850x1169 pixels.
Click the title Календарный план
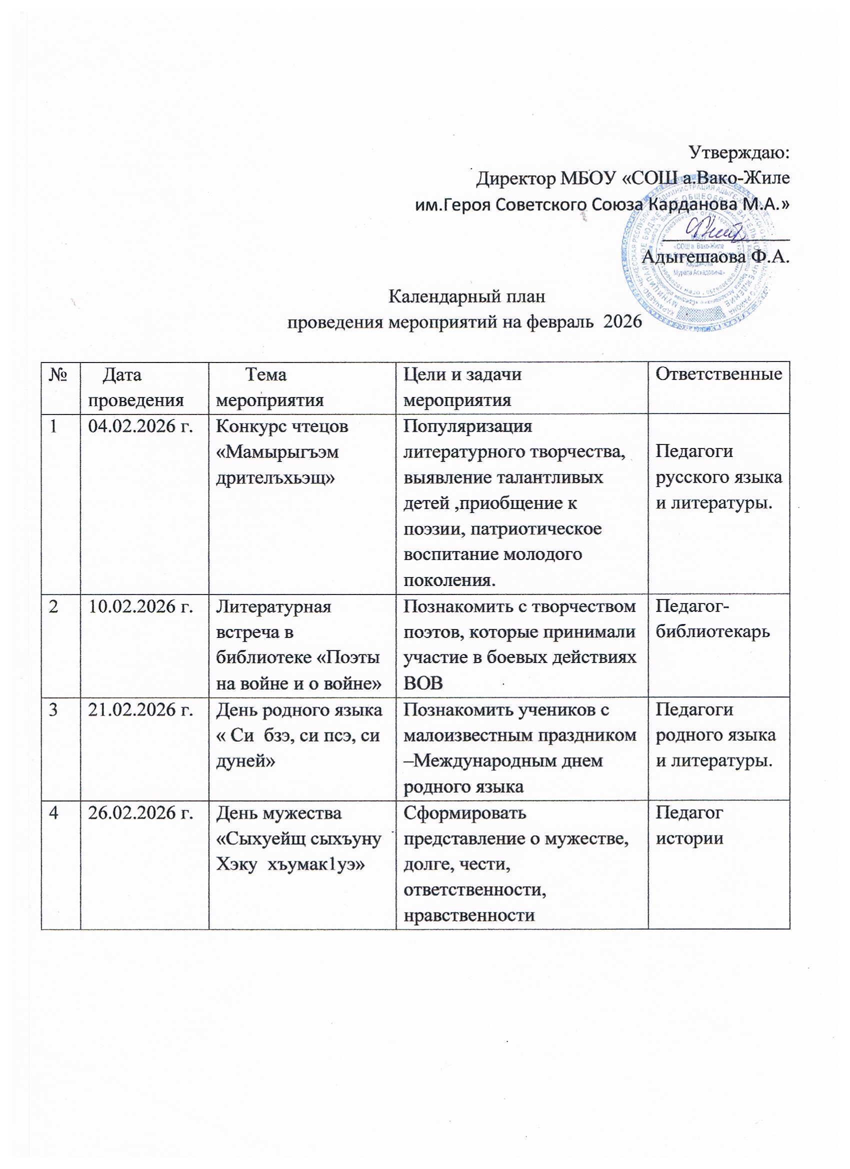tap(466, 297)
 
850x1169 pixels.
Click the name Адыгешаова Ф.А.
tap(716, 256)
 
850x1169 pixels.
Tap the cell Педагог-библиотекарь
tap(712, 619)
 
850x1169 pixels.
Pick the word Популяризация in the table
tap(467, 427)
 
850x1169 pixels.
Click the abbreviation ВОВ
tap(422, 684)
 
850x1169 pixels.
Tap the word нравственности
tap(469, 916)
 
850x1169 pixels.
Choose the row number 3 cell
tap(53, 710)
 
